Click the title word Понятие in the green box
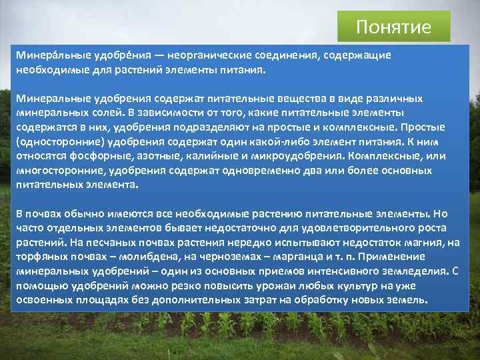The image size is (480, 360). pyautogui.click(x=393, y=27)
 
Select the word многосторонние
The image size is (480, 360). pyautogui.click(x=55, y=171)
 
